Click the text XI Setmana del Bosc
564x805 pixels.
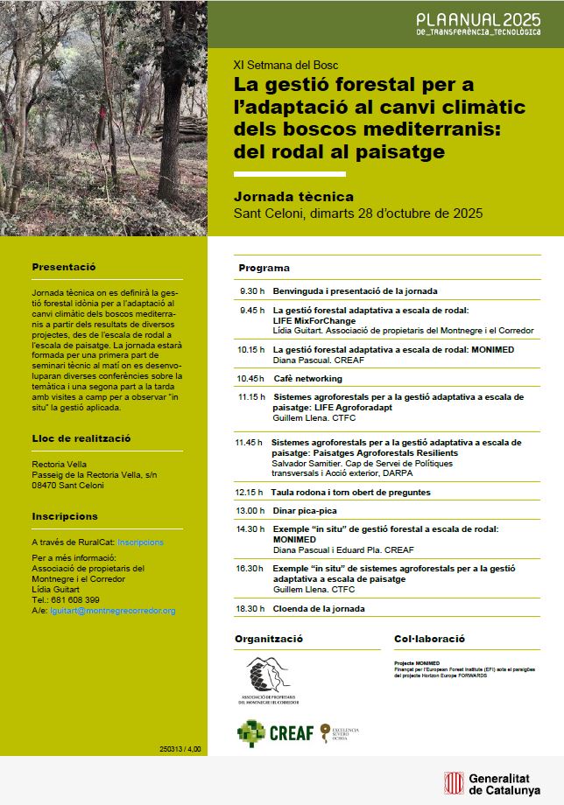coord(286,66)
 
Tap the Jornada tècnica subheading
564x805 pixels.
coord(294,196)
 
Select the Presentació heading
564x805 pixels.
coord(63,267)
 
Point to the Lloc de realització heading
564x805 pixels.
coord(81,437)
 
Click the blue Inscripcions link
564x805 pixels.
coord(140,542)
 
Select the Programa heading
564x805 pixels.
coord(264,268)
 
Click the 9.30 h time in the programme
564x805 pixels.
coord(251,290)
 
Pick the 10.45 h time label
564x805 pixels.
coord(251,379)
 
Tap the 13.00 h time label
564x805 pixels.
coord(250,510)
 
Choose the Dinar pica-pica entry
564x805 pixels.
coord(305,510)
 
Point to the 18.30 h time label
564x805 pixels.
coord(250,608)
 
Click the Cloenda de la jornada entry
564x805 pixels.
coord(319,608)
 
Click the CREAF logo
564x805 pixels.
coord(275,732)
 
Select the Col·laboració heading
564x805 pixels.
coord(429,640)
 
